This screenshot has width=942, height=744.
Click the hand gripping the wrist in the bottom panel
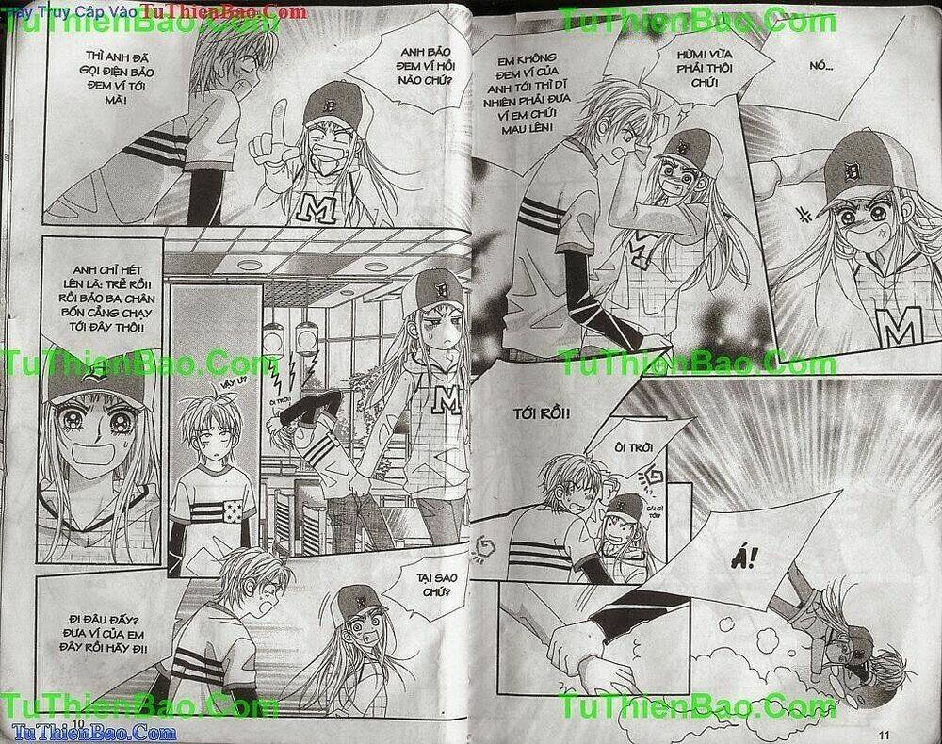pos(565,647)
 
